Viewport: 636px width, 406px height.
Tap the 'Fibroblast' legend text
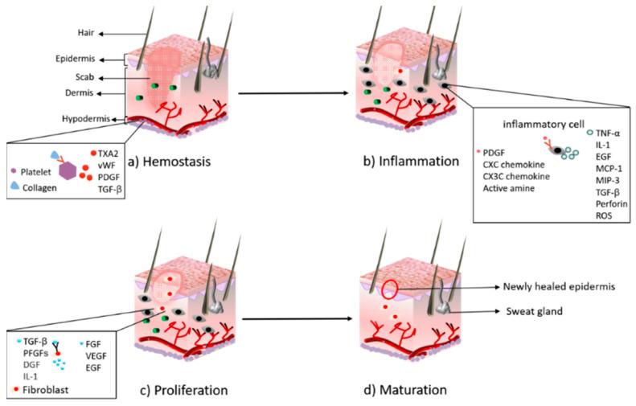tap(49, 388)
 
